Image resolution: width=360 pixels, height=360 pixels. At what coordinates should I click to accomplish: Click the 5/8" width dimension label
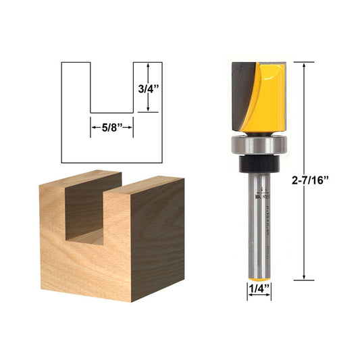click(111, 125)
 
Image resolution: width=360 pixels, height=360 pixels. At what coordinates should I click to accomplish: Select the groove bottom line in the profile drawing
click(111, 111)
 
